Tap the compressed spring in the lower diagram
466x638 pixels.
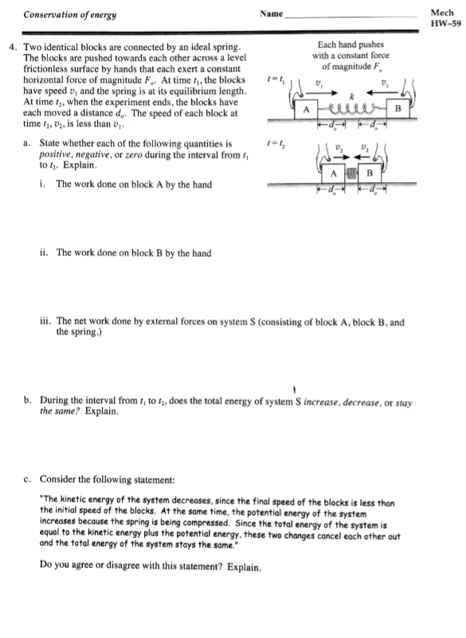(x=353, y=171)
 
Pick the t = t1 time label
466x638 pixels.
(x=276, y=78)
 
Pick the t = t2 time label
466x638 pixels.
(x=276, y=143)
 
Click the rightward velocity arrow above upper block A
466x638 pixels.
(x=319, y=92)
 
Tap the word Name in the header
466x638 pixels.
(x=271, y=14)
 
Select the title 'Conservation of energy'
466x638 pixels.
(x=61, y=14)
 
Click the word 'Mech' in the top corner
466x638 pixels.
(x=439, y=13)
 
